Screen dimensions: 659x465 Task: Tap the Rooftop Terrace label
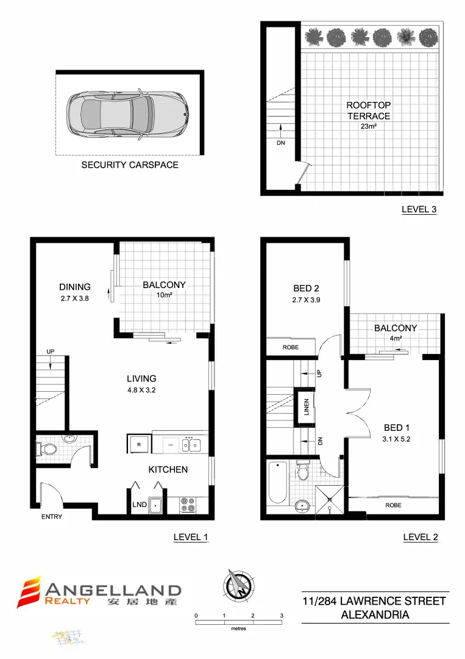(x=369, y=110)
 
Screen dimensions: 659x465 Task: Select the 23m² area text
(x=369, y=128)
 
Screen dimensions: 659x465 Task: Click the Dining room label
(x=75, y=287)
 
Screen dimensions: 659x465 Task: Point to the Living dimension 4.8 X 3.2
(x=141, y=390)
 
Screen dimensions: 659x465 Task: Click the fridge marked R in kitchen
(x=138, y=445)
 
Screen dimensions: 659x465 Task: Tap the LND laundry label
(x=139, y=505)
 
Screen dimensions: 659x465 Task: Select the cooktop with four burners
(x=188, y=505)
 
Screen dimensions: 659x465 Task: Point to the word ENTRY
(x=52, y=517)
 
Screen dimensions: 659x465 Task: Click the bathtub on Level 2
(x=278, y=481)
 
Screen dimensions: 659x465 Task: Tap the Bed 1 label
(x=397, y=427)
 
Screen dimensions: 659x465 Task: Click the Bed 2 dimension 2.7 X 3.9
(x=306, y=300)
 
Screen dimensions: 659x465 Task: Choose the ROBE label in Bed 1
(x=392, y=505)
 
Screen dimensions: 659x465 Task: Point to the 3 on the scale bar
(x=282, y=616)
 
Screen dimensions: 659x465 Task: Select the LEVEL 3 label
(x=419, y=209)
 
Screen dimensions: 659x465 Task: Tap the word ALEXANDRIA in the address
(x=375, y=615)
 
